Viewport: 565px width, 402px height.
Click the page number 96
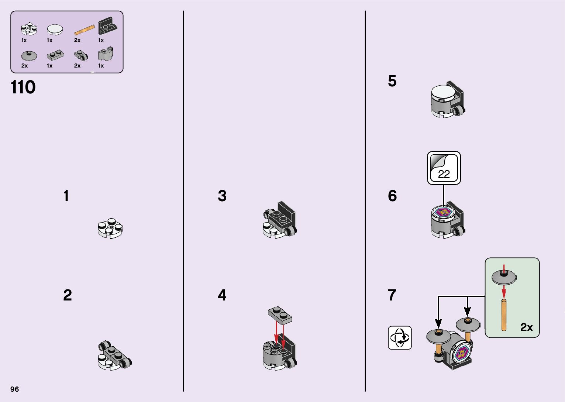coord(14,389)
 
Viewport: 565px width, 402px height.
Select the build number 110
coord(23,87)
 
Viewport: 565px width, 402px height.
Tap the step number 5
coord(392,81)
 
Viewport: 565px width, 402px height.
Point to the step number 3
coord(222,196)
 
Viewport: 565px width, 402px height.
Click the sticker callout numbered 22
coord(444,168)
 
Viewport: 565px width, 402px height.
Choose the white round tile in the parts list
coord(55,29)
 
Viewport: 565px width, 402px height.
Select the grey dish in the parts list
coord(29,56)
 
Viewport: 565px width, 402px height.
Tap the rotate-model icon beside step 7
coord(399,337)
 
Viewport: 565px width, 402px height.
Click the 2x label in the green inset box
coord(527,327)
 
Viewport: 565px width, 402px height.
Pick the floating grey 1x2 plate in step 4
coord(280,315)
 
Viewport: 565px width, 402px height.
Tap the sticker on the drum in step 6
coord(444,212)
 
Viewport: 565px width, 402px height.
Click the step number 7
coord(392,295)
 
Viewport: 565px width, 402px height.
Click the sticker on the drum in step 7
coord(461,354)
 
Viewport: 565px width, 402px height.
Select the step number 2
coord(67,295)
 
